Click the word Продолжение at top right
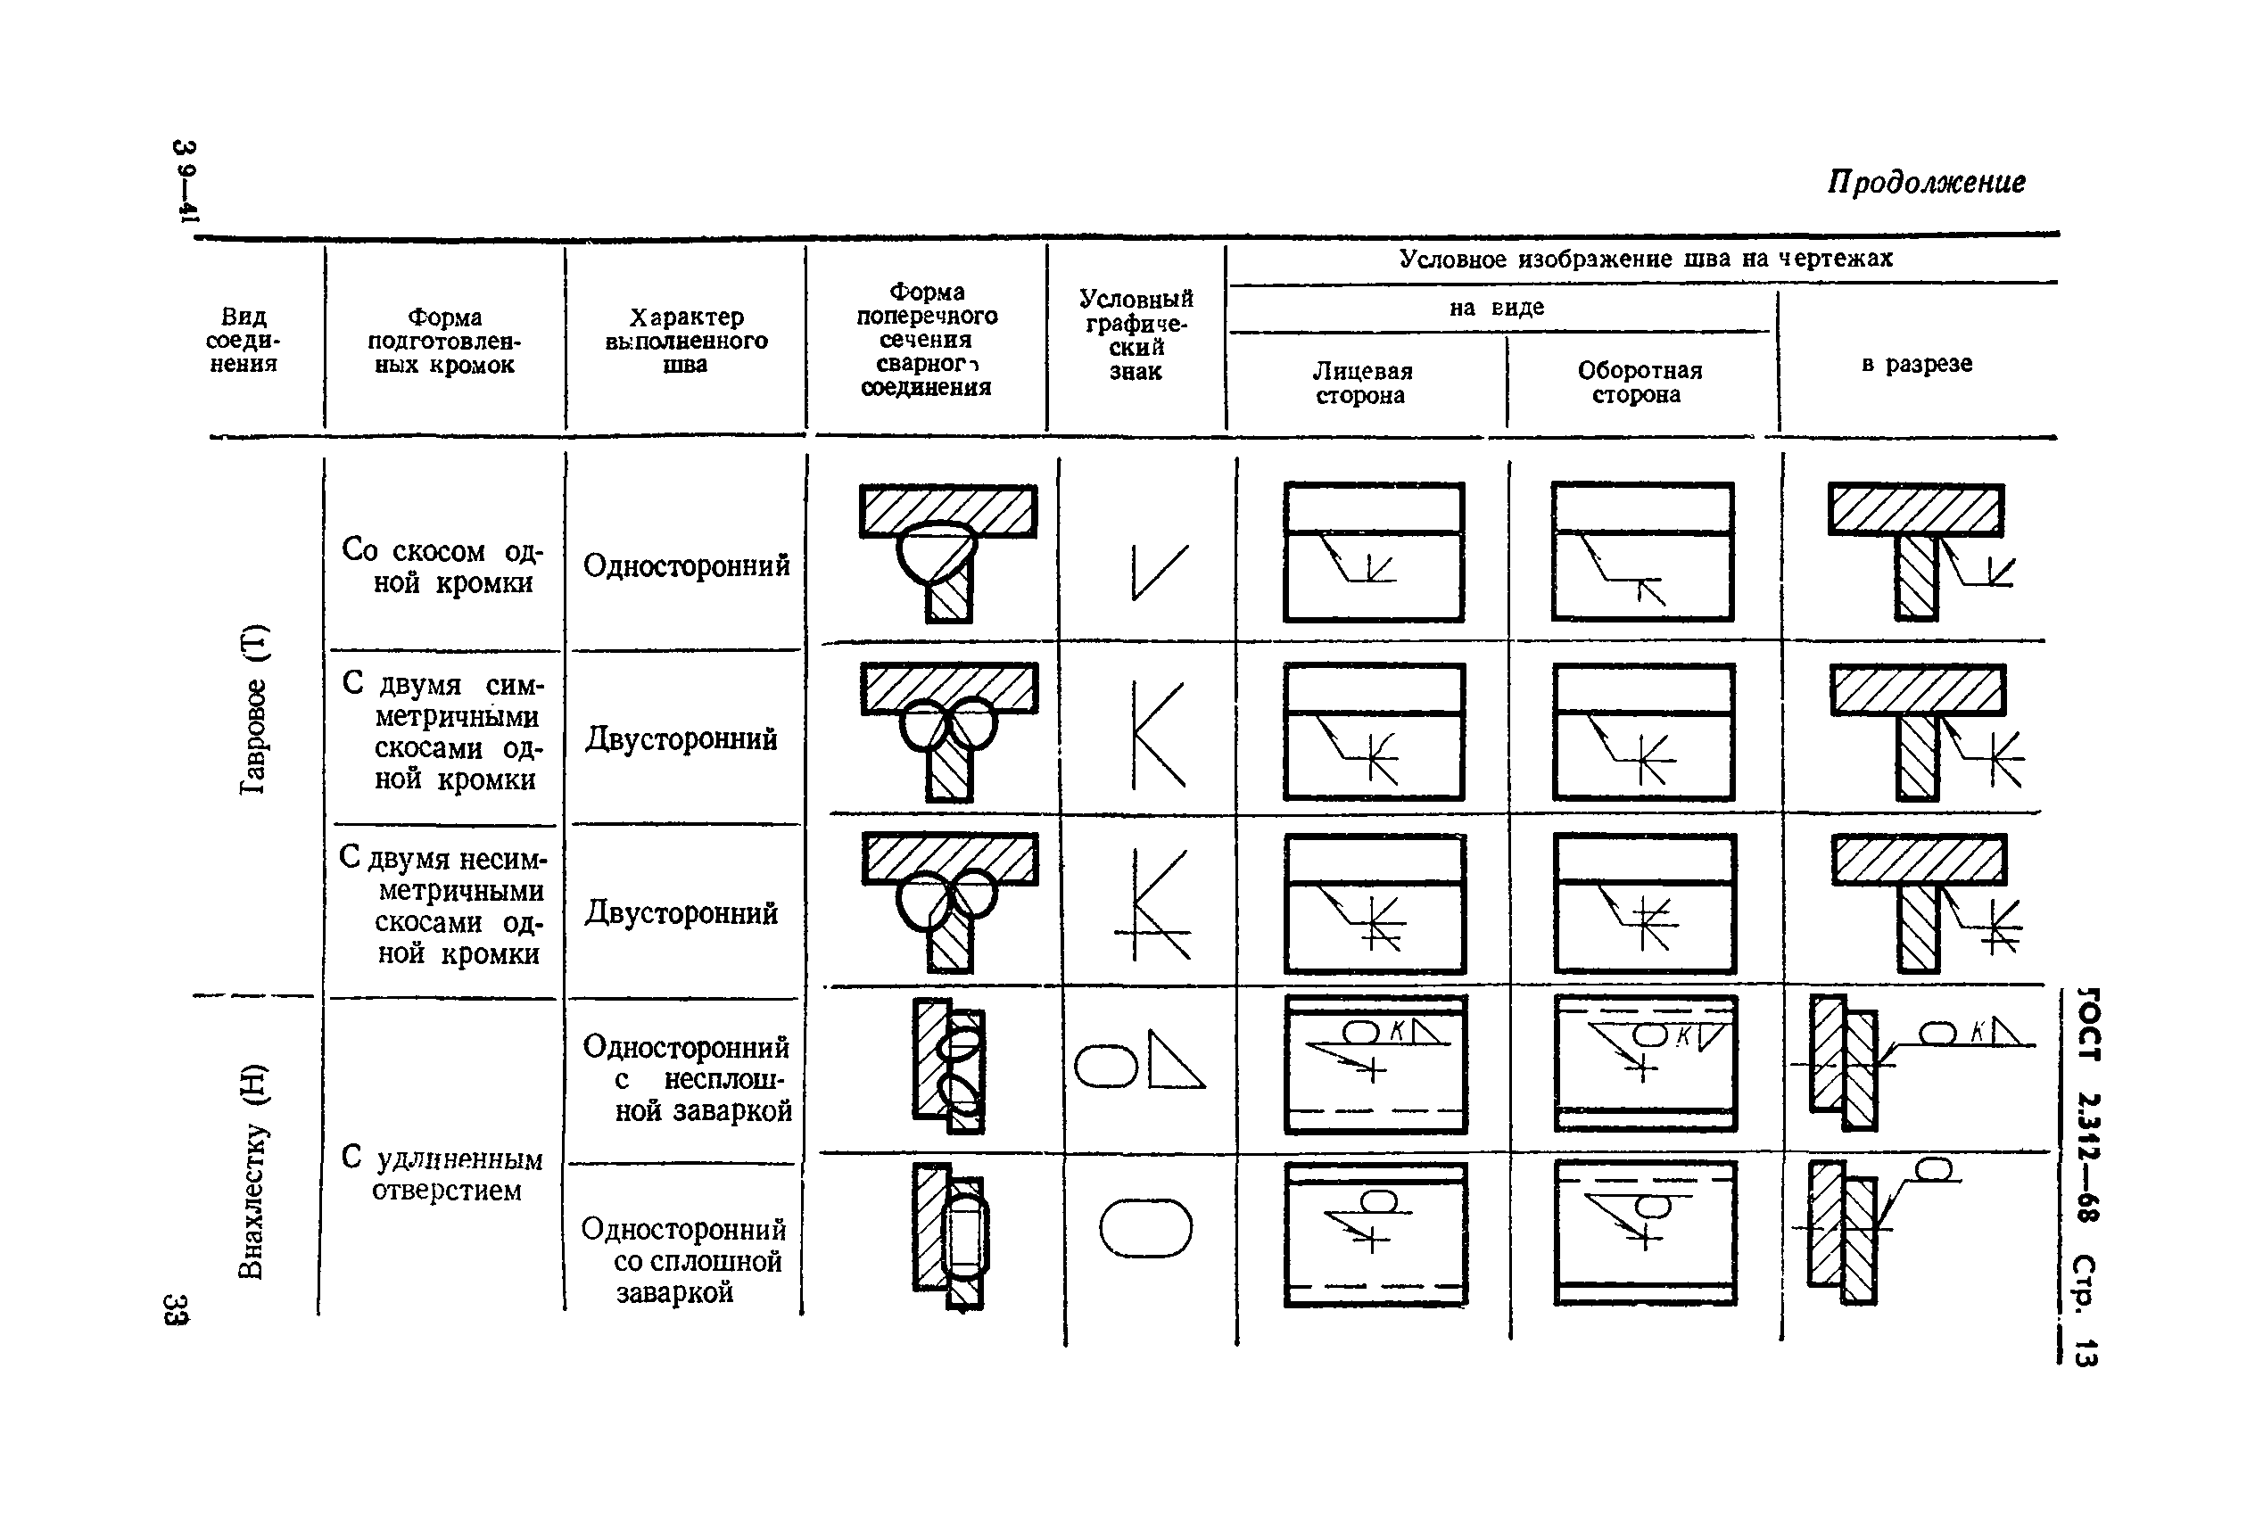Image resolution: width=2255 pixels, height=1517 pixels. tap(1925, 183)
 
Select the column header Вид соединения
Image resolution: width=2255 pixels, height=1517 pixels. tap(243, 341)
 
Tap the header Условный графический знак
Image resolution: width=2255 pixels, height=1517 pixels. tap(1136, 334)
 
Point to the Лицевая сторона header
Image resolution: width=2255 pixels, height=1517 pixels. tap(1361, 383)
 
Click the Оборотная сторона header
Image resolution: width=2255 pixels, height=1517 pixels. tap(1639, 383)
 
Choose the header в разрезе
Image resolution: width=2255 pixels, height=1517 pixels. tap(1916, 365)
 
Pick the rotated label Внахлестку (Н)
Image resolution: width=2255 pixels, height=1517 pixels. tap(252, 1170)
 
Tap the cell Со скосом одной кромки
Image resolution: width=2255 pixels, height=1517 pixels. tap(443, 566)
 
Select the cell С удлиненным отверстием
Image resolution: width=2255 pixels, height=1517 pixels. tap(442, 1174)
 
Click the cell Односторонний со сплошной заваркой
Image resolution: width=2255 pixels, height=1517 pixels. tap(684, 1261)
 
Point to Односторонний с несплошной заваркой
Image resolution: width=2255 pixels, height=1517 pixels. tap(687, 1079)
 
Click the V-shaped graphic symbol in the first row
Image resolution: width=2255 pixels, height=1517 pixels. tap(1159, 572)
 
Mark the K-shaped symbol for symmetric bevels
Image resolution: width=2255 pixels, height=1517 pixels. tap(1158, 735)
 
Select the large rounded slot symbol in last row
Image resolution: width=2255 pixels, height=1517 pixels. tap(1145, 1229)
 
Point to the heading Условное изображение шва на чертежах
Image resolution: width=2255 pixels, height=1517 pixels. tap(1645, 259)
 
